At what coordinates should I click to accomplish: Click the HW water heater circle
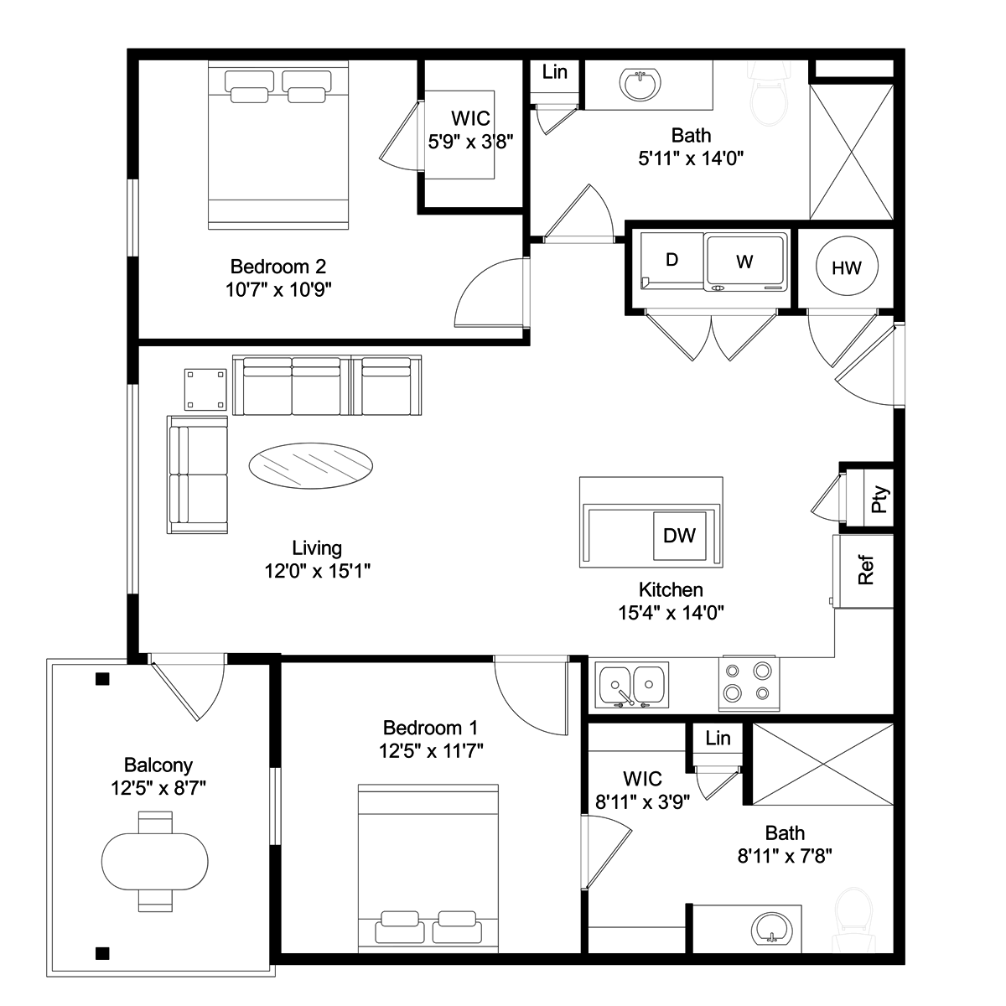click(x=846, y=266)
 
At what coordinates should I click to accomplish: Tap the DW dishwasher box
click(x=679, y=536)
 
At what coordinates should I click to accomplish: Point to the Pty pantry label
click(x=879, y=499)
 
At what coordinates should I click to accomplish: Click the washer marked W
click(x=745, y=262)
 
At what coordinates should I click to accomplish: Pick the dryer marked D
click(x=672, y=260)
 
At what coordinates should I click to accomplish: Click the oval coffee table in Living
click(x=311, y=465)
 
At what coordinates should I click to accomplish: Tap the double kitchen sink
click(x=632, y=685)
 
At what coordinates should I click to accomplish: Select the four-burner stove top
click(x=749, y=683)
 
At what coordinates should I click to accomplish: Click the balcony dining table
click(x=154, y=862)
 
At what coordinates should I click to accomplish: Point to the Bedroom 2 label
click(x=277, y=267)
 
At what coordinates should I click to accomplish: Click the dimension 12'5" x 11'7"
click(x=431, y=750)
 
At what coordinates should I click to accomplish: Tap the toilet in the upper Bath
click(x=768, y=95)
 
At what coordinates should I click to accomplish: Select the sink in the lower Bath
click(x=771, y=931)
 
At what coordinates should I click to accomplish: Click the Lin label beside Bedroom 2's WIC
click(x=554, y=72)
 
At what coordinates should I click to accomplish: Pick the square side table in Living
click(x=205, y=390)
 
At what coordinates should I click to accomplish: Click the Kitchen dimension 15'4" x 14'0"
click(x=671, y=612)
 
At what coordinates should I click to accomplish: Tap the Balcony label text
click(x=158, y=765)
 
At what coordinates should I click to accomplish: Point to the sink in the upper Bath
click(x=640, y=83)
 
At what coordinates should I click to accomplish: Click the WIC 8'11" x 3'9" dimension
click(x=642, y=801)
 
